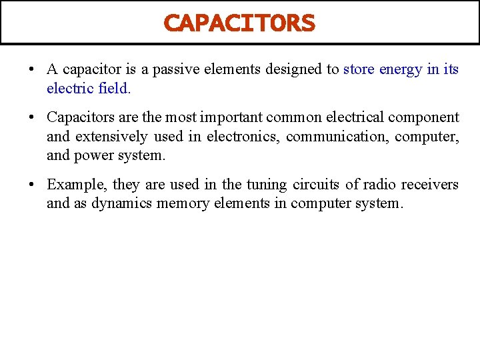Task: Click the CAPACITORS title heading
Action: (239, 23)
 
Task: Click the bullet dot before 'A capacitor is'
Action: (31, 69)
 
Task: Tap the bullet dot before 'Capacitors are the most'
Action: (31, 118)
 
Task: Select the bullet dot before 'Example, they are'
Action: (31, 185)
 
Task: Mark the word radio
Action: (379, 185)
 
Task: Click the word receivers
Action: (431, 185)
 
